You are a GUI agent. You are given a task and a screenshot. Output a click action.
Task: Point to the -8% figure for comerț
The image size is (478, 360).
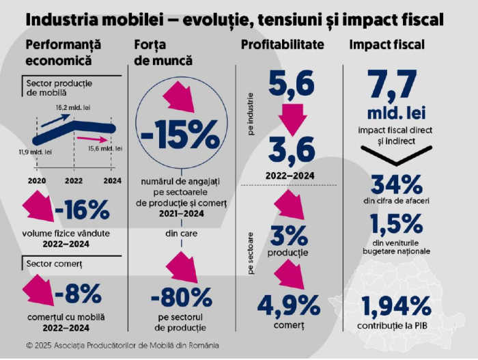(78, 293)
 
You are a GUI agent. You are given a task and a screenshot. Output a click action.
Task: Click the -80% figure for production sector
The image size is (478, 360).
(181, 298)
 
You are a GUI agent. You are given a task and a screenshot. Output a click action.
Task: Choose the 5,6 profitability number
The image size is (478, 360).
(291, 83)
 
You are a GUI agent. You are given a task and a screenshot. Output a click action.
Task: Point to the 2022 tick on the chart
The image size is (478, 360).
(74, 180)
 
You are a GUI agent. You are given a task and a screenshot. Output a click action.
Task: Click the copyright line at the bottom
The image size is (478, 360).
(123, 345)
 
